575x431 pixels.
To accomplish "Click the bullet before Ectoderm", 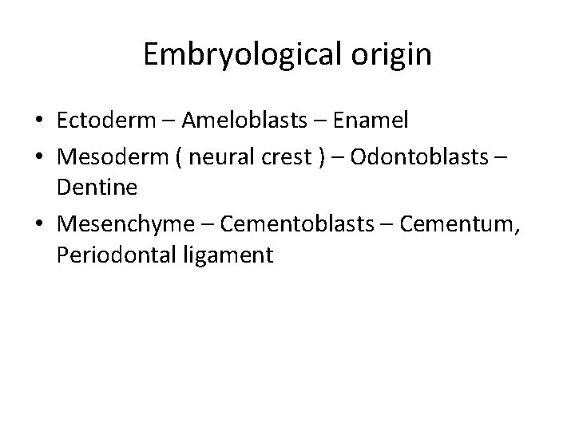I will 39,121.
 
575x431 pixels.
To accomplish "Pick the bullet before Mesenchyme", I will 39,226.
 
